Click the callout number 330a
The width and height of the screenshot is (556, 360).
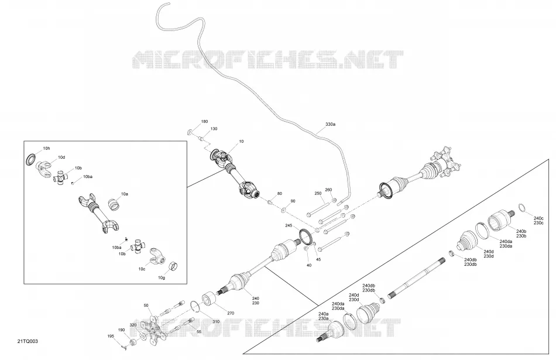click(x=330, y=125)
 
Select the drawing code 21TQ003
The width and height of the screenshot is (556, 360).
click(x=28, y=341)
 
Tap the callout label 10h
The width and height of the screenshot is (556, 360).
click(x=46, y=149)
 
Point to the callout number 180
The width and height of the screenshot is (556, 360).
click(x=205, y=122)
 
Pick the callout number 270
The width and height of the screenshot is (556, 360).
click(x=231, y=314)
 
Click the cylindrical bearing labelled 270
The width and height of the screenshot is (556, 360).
click(x=210, y=298)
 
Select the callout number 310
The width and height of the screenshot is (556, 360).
click(x=215, y=322)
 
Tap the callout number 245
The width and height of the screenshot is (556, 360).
click(x=289, y=225)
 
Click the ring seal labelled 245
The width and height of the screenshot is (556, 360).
click(x=306, y=236)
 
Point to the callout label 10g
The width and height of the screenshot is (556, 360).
click(x=162, y=277)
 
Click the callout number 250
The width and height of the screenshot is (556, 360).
click(x=318, y=193)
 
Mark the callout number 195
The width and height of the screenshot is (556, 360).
click(x=111, y=336)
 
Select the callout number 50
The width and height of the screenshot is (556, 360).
click(x=146, y=306)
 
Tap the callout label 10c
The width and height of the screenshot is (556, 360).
click(x=142, y=269)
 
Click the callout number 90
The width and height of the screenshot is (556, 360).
click(x=293, y=201)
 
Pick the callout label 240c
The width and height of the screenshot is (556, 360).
click(x=538, y=218)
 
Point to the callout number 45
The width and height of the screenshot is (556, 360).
click(x=318, y=260)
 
